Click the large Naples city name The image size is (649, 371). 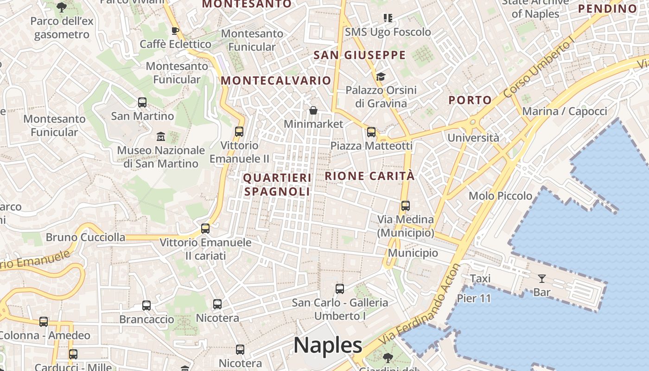tap(328, 345)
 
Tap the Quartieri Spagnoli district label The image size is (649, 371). tap(277, 185)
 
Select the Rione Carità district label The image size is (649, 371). tap(369, 176)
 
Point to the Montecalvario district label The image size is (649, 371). tap(276, 80)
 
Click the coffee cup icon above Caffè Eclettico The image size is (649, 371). tap(175, 31)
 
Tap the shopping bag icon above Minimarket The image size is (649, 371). tap(313, 111)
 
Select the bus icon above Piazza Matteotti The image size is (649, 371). tap(371, 132)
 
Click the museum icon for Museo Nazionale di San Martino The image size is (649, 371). tap(161, 136)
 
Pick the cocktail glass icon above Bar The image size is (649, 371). tap(541, 279)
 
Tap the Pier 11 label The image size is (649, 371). tap(474, 298)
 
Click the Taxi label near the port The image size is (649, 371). tap(480, 279)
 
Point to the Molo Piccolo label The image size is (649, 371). tap(500, 196)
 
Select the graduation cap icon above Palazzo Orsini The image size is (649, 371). tap(381, 77)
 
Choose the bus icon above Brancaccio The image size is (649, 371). tap(146, 306)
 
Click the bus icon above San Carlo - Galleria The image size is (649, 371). tap(340, 289)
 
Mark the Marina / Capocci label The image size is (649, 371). tap(564, 111)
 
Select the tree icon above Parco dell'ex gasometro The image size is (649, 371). tap(61, 7)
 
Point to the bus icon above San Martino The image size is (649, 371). tap(142, 102)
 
